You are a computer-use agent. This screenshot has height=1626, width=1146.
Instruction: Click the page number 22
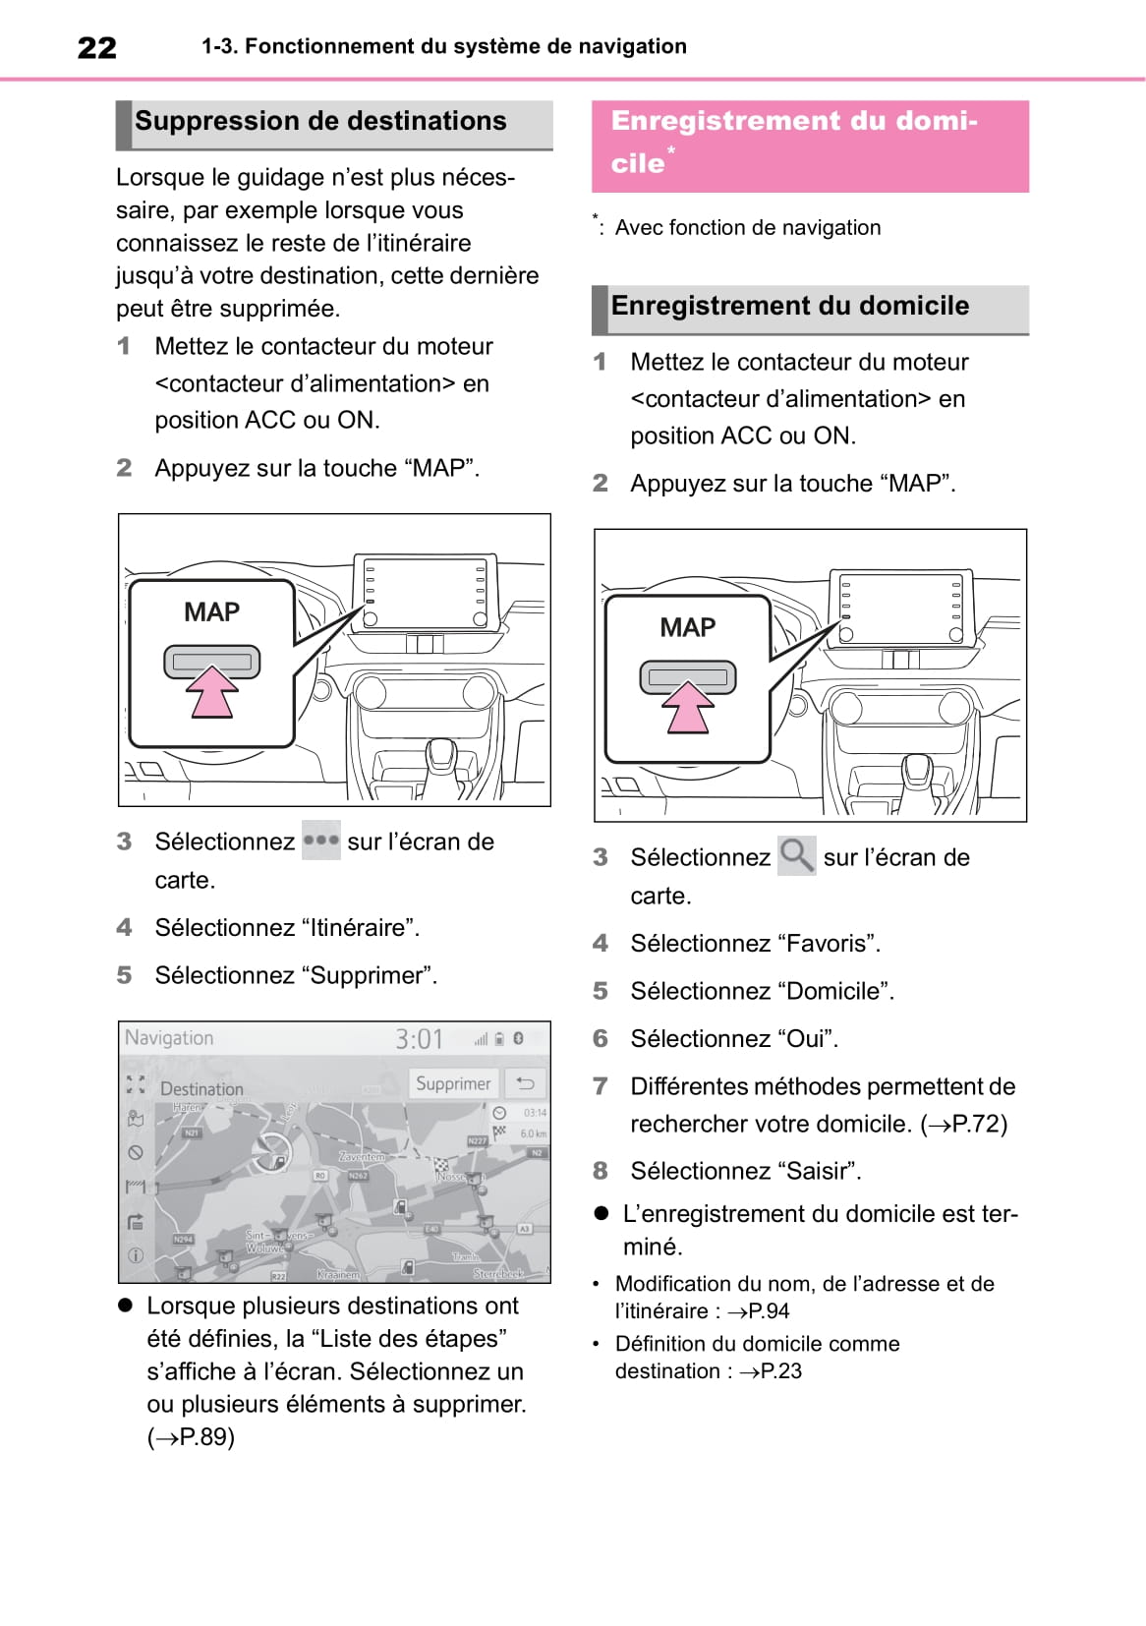pos(96,47)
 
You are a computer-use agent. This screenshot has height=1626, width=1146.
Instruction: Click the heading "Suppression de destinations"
pos(320,121)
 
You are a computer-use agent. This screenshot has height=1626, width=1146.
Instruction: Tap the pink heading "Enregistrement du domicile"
pos(794,142)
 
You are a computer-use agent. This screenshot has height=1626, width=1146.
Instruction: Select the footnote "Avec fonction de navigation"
pos(747,228)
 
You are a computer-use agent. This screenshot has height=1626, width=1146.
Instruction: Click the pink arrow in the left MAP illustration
pos(212,692)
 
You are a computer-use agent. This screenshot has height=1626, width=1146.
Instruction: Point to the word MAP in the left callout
pos(211,612)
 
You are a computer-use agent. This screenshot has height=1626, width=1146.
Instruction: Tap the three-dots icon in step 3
pos(320,841)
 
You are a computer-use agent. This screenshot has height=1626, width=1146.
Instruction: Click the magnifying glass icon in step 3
pos(796,855)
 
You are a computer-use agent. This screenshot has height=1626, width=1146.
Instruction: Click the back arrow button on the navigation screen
pos(526,1083)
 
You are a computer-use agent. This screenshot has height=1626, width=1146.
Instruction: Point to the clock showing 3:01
pos(420,1039)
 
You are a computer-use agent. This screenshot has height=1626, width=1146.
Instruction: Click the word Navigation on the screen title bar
pos(169,1038)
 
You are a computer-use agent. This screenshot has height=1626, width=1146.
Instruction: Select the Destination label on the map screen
pos(201,1089)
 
